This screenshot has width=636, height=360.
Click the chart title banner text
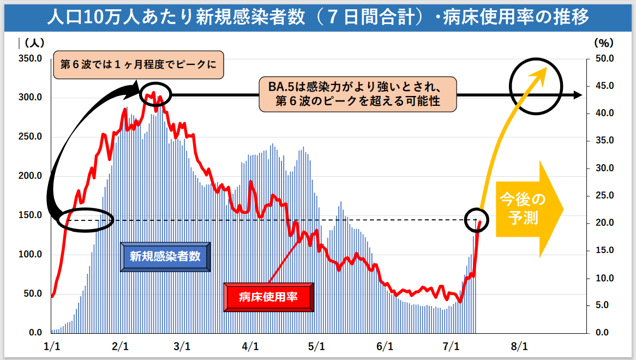point(317,17)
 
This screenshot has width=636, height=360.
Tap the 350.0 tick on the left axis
point(31,58)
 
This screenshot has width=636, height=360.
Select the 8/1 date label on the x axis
point(519,346)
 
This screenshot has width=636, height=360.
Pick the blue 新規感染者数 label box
point(165,256)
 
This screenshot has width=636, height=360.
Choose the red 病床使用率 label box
point(269,297)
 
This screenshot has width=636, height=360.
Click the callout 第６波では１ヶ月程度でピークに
point(139,64)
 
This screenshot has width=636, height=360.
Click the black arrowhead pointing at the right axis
point(577,95)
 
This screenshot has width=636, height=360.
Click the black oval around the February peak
point(155,95)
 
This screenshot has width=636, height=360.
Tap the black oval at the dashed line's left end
point(86,220)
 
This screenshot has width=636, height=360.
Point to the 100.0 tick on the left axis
point(31,254)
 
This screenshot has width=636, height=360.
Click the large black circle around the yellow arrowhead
point(536,86)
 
